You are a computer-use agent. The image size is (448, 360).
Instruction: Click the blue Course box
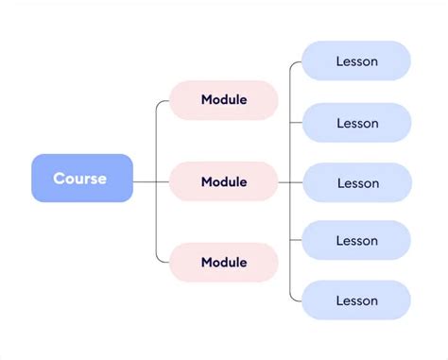coord(82,178)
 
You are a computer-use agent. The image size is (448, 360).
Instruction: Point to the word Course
coord(80,179)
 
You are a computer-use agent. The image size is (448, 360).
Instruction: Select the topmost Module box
coord(224,100)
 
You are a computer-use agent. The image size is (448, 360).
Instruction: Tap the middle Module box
coord(224,181)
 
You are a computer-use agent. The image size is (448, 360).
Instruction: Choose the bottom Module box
coord(224,262)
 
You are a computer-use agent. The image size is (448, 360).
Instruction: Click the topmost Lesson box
coord(356,61)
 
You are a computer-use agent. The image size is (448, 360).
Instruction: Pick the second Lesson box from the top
coord(356,123)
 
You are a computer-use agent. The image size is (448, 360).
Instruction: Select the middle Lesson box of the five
coord(356,182)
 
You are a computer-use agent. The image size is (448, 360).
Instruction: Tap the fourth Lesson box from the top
coord(356,241)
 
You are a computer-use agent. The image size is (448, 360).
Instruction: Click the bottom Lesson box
coord(356,300)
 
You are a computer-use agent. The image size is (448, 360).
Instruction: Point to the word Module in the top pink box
coord(224,100)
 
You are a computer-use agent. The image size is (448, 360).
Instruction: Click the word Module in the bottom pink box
coord(224,262)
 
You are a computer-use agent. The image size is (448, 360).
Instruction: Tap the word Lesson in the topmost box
coord(357,61)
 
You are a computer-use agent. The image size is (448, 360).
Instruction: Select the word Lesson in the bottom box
coord(357,300)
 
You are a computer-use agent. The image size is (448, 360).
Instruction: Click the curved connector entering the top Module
coord(158,104)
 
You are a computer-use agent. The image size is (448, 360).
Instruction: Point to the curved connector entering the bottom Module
coord(158,258)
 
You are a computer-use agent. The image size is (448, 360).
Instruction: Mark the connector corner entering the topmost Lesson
coord(293,64)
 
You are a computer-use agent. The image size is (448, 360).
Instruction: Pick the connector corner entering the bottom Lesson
coord(293,298)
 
